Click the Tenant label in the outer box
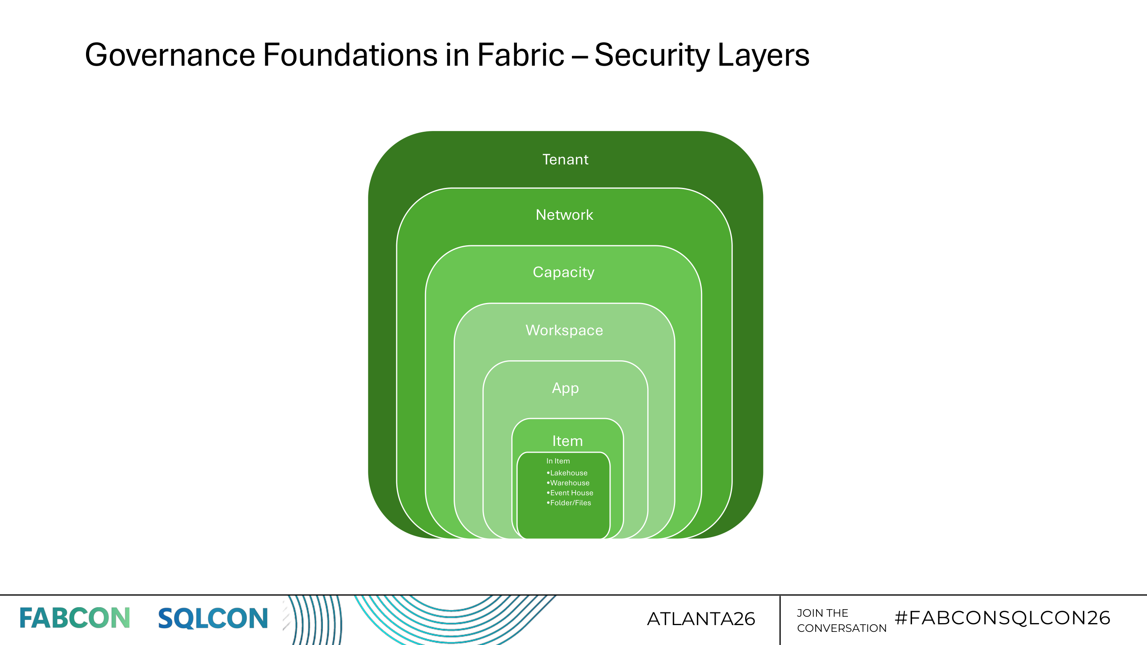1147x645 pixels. (x=565, y=159)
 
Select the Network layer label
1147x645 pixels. (x=564, y=215)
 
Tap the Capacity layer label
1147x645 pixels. (x=563, y=272)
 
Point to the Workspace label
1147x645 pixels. (x=564, y=330)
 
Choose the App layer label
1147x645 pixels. (x=565, y=388)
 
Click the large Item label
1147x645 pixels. (x=567, y=441)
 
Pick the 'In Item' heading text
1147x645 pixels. (x=558, y=461)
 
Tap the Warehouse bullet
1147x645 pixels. (x=569, y=483)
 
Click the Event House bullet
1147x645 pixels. (x=571, y=493)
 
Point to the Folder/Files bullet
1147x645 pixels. (x=570, y=503)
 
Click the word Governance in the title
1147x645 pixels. (x=170, y=55)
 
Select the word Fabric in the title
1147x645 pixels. (x=521, y=55)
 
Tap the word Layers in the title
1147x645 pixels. (x=763, y=55)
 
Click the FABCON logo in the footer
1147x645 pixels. (x=74, y=618)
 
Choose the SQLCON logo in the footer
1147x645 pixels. (x=213, y=618)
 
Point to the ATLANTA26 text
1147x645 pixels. (x=701, y=619)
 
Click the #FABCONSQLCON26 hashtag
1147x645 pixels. (x=1002, y=618)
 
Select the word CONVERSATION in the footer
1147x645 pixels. (x=842, y=628)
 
